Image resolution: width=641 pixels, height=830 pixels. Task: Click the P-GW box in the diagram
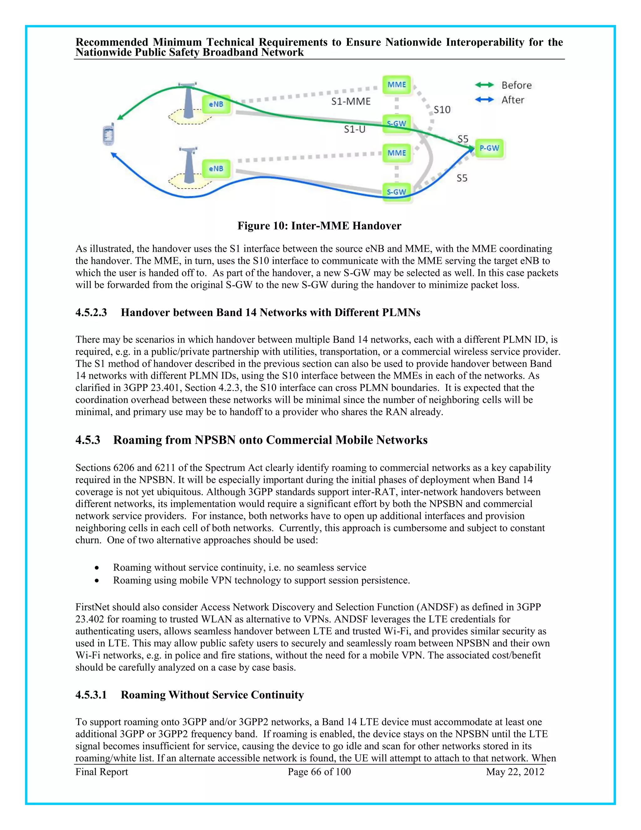click(489, 148)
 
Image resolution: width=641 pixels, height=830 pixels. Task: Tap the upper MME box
click(397, 85)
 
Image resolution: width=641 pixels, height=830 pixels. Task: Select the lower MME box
click(397, 153)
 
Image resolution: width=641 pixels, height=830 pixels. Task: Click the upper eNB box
click(216, 104)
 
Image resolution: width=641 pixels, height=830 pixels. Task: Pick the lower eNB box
click(216, 169)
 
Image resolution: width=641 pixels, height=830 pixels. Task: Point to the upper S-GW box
click(397, 123)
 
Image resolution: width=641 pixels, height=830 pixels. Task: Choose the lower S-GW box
click(397, 192)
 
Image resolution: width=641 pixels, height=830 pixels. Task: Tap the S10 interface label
click(442, 110)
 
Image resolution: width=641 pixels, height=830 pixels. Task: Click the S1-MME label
click(351, 101)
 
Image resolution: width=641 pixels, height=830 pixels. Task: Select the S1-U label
click(354, 130)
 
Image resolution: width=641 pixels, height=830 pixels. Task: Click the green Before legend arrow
click(484, 85)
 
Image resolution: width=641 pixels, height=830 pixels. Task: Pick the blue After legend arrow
click(484, 100)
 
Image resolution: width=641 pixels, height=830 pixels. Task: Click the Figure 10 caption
click(319, 226)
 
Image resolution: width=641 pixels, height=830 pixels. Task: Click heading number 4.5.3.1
click(91, 695)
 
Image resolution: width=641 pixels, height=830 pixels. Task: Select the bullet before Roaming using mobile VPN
click(97, 581)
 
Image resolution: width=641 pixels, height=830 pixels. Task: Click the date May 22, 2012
click(515, 772)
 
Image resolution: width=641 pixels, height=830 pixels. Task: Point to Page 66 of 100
click(319, 772)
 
